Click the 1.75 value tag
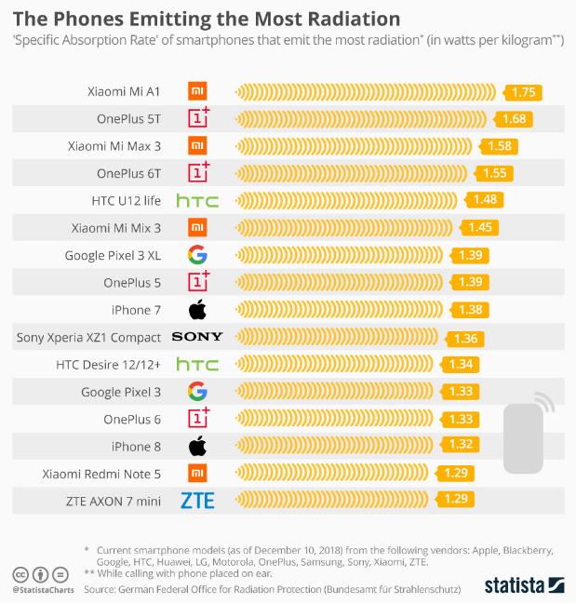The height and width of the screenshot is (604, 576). click(522, 92)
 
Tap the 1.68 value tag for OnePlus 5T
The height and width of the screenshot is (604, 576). click(513, 119)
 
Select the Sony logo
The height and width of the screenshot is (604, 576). click(197, 337)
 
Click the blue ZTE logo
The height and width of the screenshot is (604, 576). click(197, 501)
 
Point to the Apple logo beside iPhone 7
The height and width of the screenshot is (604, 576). click(197, 309)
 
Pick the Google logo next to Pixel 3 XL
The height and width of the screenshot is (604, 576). click(197, 255)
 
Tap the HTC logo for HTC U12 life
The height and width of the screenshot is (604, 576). click(197, 201)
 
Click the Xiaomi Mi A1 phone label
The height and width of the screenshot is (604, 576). click(124, 92)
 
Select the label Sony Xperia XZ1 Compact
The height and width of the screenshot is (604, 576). click(88, 338)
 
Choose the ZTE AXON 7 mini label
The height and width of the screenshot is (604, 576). click(114, 501)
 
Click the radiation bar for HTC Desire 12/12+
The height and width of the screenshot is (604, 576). click(334, 364)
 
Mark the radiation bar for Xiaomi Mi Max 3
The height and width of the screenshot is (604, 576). click(354, 146)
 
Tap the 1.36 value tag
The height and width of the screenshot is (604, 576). click(464, 339)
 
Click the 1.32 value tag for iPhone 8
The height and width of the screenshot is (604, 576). click(460, 444)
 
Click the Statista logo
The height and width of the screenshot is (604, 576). click(525, 585)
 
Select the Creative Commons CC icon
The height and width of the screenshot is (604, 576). click(20, 575)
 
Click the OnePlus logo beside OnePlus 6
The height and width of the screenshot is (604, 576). click(199, 418)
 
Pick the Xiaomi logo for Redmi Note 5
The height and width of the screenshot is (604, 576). click(197, 473)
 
